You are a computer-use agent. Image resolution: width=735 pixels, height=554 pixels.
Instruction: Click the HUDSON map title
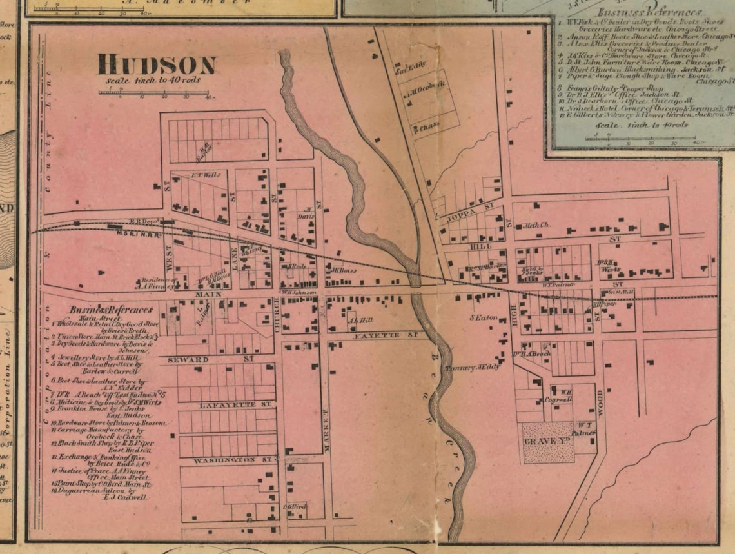coord(157,65)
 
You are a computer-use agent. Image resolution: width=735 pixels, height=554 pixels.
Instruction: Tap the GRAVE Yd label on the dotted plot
coord(548,440)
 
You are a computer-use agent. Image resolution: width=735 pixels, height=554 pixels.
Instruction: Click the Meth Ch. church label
coord(538,225)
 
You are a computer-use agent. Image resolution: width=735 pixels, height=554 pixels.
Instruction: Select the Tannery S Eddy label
coord(473,367)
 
